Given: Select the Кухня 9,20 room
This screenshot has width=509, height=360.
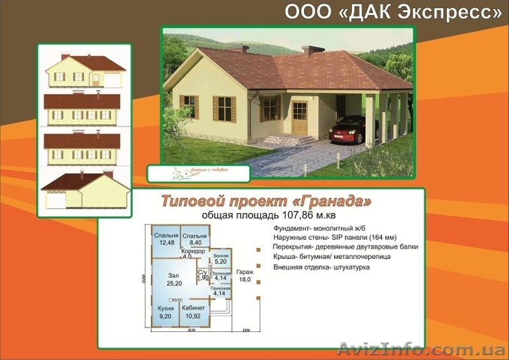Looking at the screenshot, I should tap(165, 312).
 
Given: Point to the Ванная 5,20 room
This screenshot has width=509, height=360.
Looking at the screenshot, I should tap(220, 258).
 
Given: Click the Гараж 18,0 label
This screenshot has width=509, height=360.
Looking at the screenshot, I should tap(244, 275).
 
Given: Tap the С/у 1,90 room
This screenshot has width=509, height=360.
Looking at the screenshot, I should tap(203, 275).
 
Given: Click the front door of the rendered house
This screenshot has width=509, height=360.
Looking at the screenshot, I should tap(299, 118).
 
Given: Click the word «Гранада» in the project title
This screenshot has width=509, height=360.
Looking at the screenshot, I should tap(334, 202).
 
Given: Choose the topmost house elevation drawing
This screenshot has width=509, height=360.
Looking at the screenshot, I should tap(84, 70).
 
